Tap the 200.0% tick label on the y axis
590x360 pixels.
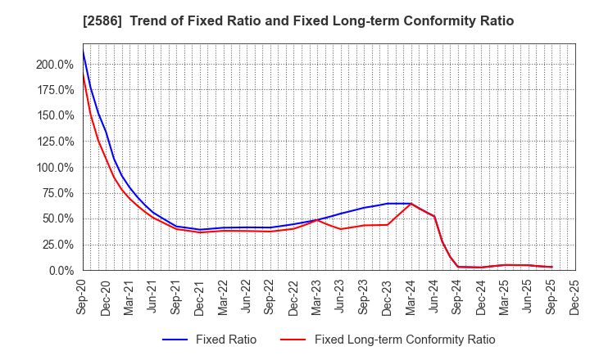tap(54, 65)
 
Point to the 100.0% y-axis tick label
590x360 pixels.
tap(54, 168)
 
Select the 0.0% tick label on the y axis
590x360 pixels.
tap(61, 270)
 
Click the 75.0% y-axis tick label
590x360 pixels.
tap(57, 193)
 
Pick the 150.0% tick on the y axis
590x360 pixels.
tap(54, 116)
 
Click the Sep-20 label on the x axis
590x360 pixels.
tap(83, 295)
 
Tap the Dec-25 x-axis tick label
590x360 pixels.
tap(575, 295)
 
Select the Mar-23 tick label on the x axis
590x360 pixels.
tap(317, 295)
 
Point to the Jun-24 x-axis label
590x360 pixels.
tap(434, 295)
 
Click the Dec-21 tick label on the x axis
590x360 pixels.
tap(200, 295)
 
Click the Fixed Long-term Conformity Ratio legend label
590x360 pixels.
tap(405, 340)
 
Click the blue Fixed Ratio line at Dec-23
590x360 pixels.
tap(388, 204)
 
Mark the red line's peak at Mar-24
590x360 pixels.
tap(411, 204)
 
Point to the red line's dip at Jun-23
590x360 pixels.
tap(341, 229)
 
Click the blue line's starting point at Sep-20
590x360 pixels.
tap(83, 52)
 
